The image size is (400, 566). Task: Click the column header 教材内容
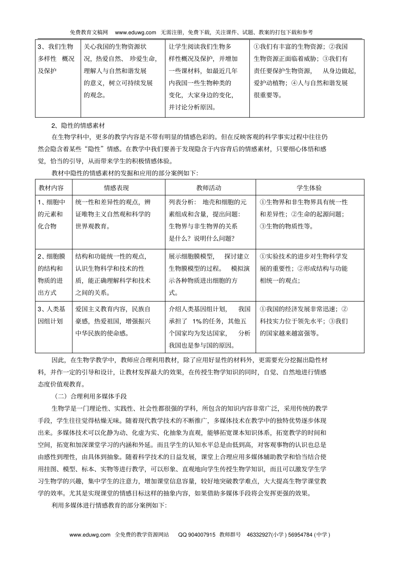pyautogui.click(x=51, y=188)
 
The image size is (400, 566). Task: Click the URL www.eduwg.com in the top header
pyautogui.click(x=136, y=32)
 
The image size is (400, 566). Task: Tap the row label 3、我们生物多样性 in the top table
pyautogui.click(x=56, y=59)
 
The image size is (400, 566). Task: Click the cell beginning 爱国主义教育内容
pyautogui.click(x=113, y=321)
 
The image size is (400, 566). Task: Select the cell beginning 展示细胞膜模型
pyautogui.click(x=209, y=274)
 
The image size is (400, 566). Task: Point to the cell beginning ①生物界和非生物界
pyautogui.click(x=304, y=214)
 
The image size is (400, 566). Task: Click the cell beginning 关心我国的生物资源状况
pyautogui.click(x=120, y=71)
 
